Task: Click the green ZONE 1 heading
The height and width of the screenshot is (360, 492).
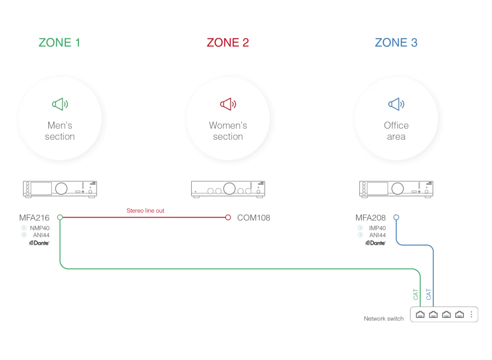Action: [x=59, y=42]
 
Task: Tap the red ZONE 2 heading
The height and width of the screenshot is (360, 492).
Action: [x=228, y=42]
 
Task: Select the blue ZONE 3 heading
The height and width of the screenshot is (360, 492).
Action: [x=396, y=42]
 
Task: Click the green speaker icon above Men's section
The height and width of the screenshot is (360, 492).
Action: [x=60, y=104]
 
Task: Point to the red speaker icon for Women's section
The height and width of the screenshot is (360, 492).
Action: [x=228, y=104]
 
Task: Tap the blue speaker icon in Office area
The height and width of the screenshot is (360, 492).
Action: [x=396, y=104]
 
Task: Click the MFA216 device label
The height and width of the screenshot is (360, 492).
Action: [x=34, y=217]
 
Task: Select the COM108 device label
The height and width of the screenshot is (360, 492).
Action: [x=254, y=217]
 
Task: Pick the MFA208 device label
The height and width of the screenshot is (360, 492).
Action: [x=370, y=217]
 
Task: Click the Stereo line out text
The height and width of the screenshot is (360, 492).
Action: [x=145, y=211]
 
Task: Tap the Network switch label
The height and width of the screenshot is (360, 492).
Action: [x=384, y=319]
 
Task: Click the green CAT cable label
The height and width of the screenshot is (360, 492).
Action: [x=416, y=294]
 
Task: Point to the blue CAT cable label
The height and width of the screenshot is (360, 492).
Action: [x=429, y=294]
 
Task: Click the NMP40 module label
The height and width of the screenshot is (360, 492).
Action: [x=39, y=228]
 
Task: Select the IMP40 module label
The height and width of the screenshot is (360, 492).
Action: [x=377, y=228]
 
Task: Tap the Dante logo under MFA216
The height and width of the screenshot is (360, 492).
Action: [x=39, y=243]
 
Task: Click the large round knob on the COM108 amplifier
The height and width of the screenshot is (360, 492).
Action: [x=229, y=189]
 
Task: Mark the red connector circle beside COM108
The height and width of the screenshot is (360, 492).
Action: [x=228, y=217]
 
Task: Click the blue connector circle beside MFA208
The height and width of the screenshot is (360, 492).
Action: [x=396, y=217]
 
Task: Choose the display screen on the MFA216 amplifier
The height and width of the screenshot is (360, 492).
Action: [x=41, y=189]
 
